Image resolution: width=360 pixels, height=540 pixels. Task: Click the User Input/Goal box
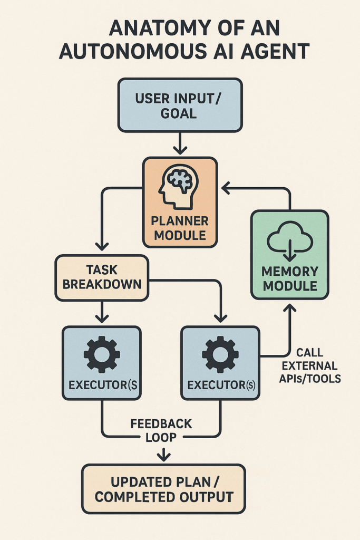click(x=180, y=104)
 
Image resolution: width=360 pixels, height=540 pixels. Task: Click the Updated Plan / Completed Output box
click(x=163, y=489)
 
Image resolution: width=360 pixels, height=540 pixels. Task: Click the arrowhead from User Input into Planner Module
click(x=180, y=151)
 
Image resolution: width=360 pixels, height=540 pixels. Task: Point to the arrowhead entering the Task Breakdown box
click(x=102, y=246)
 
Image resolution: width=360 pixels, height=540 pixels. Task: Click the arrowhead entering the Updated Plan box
click(x=164, y=456)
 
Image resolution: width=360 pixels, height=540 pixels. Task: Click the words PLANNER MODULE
click(x=179, y=227)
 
